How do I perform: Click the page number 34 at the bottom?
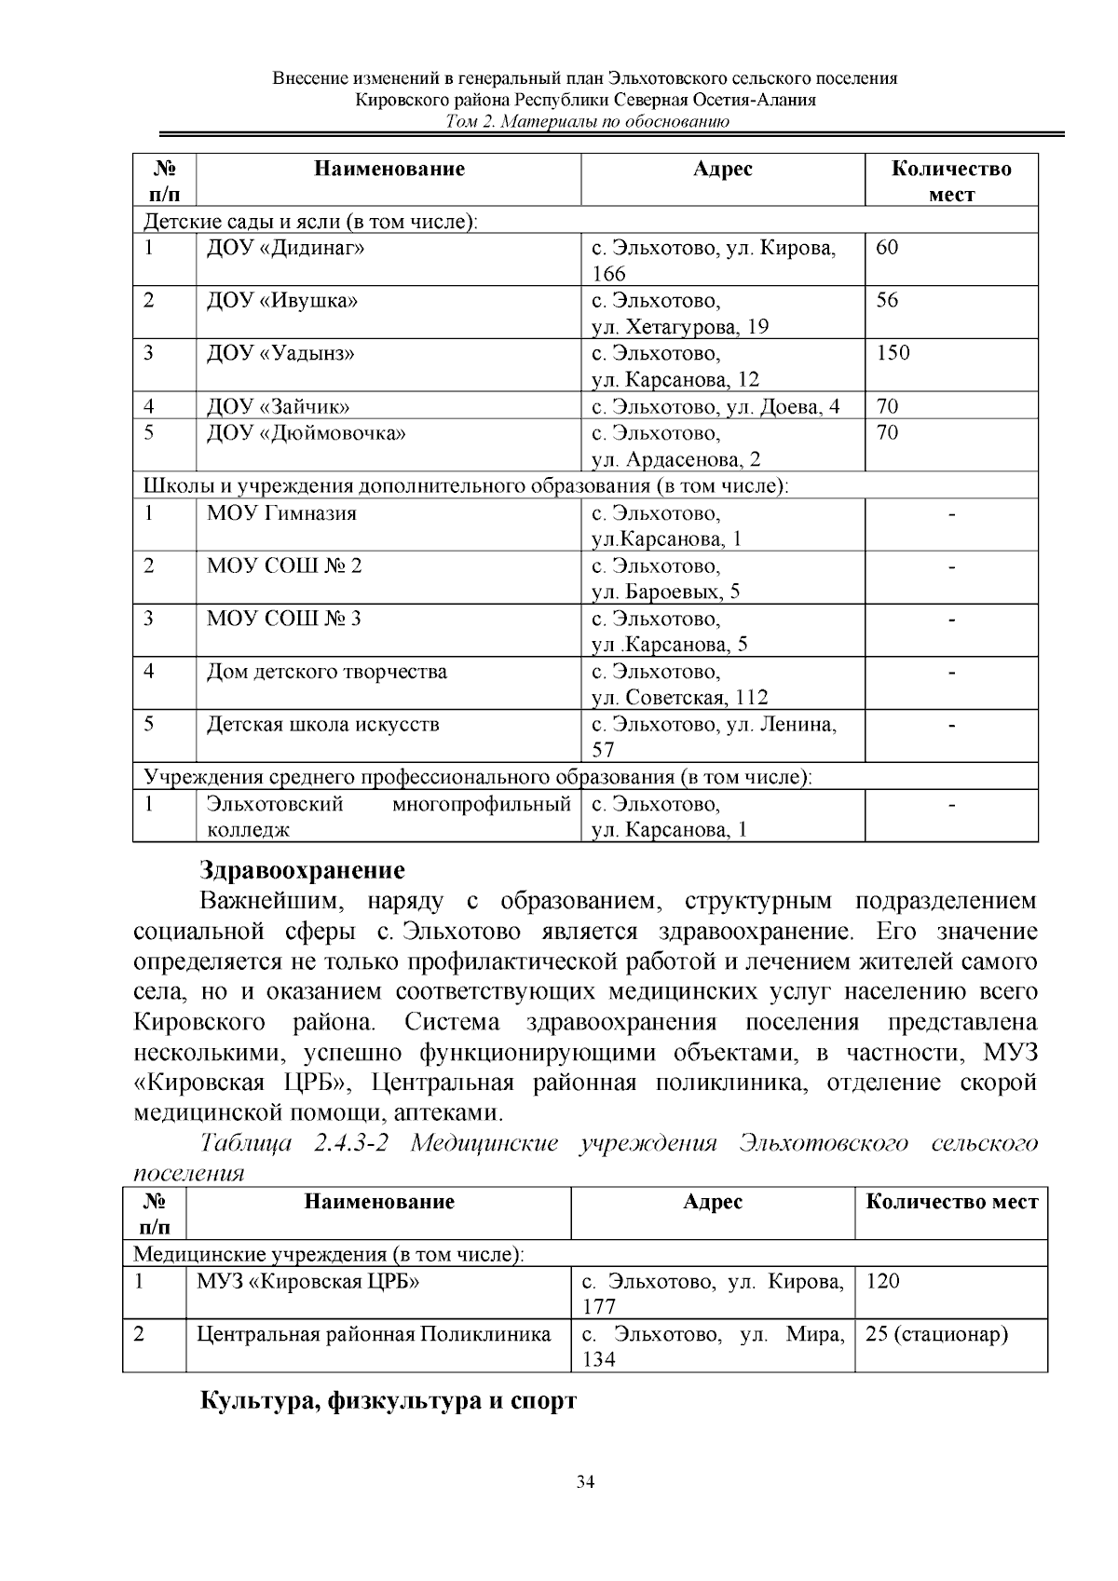tap(585, 1482)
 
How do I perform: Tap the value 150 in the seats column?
tap(893, 353)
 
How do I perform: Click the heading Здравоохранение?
tap(303, 870)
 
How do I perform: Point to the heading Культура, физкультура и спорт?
tap(389, 1400)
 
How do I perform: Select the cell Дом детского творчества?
tap(326, 672)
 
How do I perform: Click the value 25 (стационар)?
tap(937, 1334)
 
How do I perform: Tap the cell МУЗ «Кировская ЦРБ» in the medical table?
tap(307, 1281)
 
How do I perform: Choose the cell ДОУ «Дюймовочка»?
tap(306, 433)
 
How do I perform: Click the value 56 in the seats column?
tap(887, 300)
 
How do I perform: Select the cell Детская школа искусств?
tap(322, 725)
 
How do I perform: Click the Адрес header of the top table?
tap(722, 169)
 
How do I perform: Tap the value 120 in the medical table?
tap(882, 1281)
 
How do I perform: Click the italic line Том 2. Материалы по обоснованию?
tap(586, 122)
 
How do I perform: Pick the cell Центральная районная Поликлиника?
tap(374, 1334)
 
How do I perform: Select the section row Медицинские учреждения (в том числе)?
tap(330, 1254)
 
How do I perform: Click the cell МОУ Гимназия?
tap(281, 513)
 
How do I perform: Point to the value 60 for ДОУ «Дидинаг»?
tap(887, 248)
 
